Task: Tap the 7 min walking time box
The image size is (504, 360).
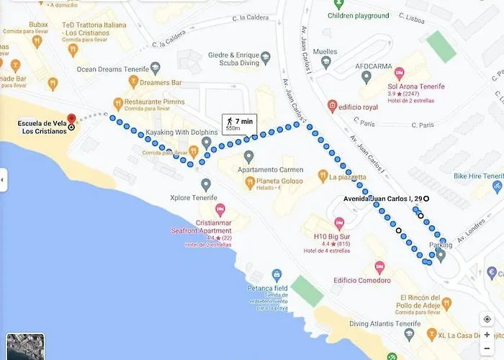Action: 240,124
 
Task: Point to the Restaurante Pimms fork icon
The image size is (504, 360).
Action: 117,102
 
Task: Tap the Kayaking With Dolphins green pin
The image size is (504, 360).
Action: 207,143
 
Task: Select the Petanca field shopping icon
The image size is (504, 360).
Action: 276,275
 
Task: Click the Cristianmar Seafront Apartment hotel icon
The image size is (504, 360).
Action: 220,210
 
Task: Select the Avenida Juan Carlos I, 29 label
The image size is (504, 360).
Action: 382,198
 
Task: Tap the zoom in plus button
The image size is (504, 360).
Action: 487,335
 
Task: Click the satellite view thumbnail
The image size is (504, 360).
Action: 25,346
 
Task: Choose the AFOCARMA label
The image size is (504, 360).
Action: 374,66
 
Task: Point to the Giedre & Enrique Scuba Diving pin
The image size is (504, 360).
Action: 266,57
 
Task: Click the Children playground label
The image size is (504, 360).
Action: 359,15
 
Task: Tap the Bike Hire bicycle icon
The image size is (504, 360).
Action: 497,185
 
